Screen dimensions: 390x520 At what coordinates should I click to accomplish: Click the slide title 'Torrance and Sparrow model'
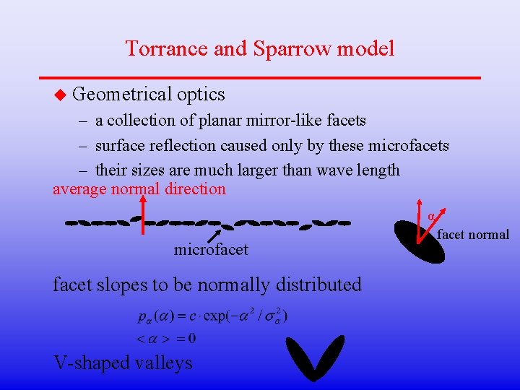[x=260, y=48]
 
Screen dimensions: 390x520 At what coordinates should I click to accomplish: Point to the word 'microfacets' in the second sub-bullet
[x=408, y=146]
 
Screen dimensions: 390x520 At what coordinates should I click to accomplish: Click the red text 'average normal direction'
[x=139, y=189]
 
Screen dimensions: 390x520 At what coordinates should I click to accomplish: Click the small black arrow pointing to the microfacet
[x=214, y=235]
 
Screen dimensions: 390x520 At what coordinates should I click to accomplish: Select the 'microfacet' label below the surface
[x=211, y=250]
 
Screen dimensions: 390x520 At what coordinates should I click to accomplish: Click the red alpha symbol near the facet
[x=431, y=217]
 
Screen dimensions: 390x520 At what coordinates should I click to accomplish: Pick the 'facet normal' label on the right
[x=473, y=234]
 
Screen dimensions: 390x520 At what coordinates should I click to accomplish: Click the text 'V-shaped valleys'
[x=123, y=362]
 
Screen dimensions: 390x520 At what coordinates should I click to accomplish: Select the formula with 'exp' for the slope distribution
[x=212, y=317]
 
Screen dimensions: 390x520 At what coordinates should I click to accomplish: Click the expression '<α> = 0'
[x=166, y=338]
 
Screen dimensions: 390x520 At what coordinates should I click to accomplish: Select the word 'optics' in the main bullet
[x=201, y=94]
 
